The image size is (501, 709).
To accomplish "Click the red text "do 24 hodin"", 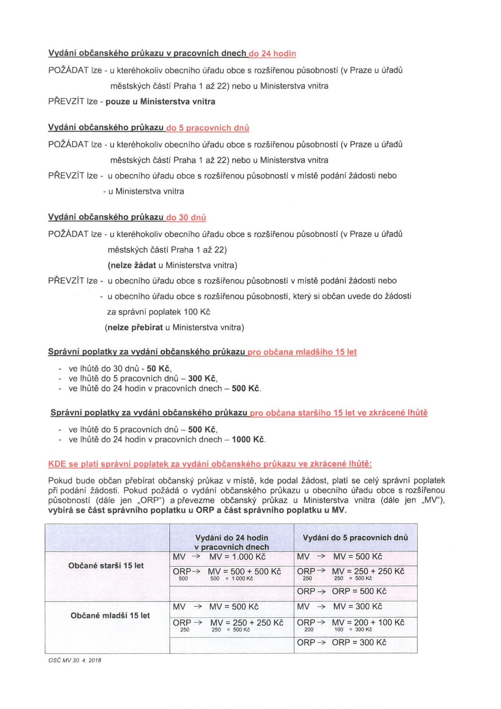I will click(x=272, y=54).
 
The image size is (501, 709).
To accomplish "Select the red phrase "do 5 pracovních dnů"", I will click(x=207, y=128).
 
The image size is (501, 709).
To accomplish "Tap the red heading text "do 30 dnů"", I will click(x=186, y=218).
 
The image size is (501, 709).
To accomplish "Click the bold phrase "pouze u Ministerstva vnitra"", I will click(x=160, y=101).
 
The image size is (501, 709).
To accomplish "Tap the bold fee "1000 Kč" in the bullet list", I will click(x=248, y=440).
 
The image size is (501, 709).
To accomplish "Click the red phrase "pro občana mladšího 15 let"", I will click(x=302, y=352).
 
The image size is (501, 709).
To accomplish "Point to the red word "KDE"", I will click(x=57, y=464).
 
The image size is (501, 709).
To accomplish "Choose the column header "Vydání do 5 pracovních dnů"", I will click(x=355, y=538).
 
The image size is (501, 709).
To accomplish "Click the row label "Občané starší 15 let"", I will click(x=106, y=565).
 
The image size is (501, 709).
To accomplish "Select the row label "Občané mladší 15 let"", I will click(x=110, y=616).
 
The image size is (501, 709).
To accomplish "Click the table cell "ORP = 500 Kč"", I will click(x=359, y=591).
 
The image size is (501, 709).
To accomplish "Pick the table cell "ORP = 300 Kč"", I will click(x=359, y=642).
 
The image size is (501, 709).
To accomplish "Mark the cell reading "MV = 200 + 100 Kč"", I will click(x=368, y=622).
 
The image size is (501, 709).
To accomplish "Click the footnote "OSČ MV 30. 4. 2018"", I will click(x=75, y=660).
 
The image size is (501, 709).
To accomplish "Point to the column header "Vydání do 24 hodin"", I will click(x=232, y=538).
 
